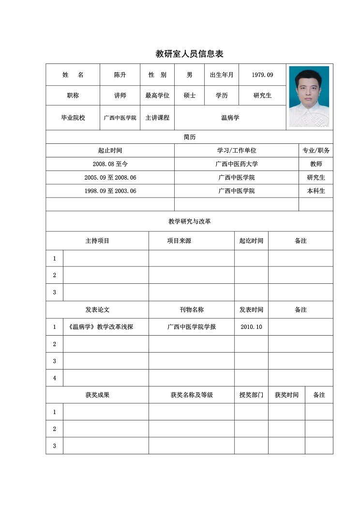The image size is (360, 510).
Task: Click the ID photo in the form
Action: tap(309, 96)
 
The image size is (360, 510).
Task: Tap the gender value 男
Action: tap(190, 75)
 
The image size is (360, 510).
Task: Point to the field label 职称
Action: tap(73, 95)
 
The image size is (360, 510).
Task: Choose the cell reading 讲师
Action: tap(120, 95)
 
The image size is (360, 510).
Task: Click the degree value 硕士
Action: tap(190, 95)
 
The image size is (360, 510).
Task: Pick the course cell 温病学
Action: tap(230, 118)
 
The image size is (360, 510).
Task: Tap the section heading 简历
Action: tap(190, 137)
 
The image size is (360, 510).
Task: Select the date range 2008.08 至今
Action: tap(110, 164)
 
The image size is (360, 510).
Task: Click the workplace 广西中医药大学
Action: tap(237, 164)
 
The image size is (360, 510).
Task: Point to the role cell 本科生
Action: tap(316, 191)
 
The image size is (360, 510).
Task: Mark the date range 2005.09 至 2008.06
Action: tap(110, 178)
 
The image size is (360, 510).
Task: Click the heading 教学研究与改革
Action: tap(190, 221)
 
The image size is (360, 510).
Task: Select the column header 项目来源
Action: tap(179, 241)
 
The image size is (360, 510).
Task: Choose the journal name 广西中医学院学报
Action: tap(192, 327)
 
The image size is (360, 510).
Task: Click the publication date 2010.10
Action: tap(251, 327)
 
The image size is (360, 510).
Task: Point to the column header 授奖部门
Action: tap(251, 395)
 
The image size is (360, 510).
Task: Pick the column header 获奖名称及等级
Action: tap(192, 395)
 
